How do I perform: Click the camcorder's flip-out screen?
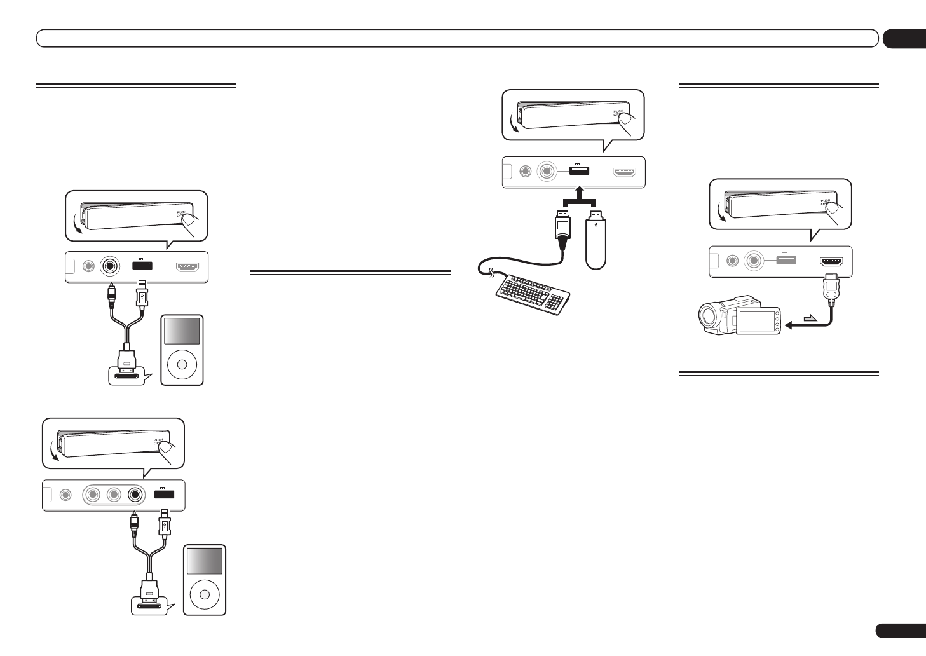pos(756,321)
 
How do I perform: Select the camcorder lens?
pos(707,315)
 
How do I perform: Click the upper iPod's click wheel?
pos(182,364)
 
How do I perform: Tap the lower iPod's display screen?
pos(204,561)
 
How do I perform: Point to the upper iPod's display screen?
pos(182,332)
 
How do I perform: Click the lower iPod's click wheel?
pos(204,595)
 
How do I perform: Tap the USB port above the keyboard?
pos(578,170)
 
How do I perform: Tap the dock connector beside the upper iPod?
pos(128,372)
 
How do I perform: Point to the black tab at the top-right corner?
pos(903,39)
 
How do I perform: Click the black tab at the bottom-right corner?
pos(899,630)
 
